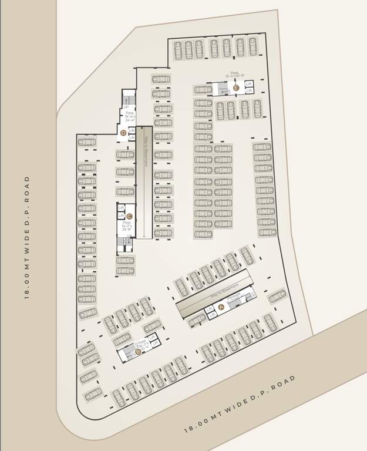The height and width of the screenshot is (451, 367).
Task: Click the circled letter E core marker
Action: pyautogui.click(x=236, y=88)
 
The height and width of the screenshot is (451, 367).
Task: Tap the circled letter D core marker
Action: pyautogui.click(x=123, y=133)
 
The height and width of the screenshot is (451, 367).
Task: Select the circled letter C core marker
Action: pyautogui.click(x=129, y=217)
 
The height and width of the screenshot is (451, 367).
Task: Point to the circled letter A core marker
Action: pyautogui.click(x=221, y=307)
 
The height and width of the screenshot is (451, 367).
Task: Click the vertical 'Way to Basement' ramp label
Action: pyautogui.click(x=145, y=152)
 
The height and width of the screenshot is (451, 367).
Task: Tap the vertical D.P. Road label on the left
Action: pyautogui.click(x=27, y=237)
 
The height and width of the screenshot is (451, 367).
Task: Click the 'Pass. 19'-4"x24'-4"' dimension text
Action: pyautogui.click(x=129, y=116)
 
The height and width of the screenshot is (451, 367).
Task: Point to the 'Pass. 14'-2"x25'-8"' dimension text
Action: pyautogui.click(x=127, y=226)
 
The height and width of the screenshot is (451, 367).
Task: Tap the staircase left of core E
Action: pyautogui.click(x=222, y=89)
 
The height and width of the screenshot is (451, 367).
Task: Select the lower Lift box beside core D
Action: pyautogui.click(x=132, y=138)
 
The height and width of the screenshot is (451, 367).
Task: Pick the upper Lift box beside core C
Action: pyautogui.click(x=121, y=208)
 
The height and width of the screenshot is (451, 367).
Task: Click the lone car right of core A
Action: pyautogui.click(x=277, y=295)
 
